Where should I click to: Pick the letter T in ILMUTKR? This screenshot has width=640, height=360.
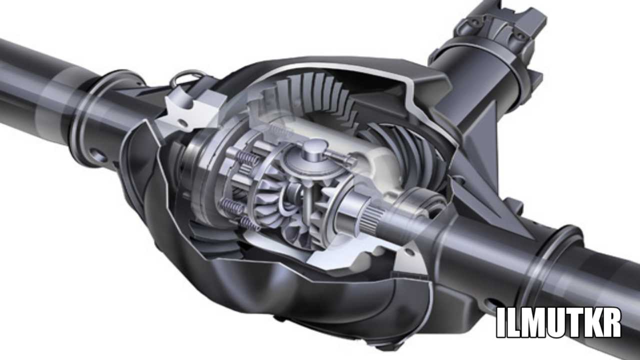click(x=573, y=323)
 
